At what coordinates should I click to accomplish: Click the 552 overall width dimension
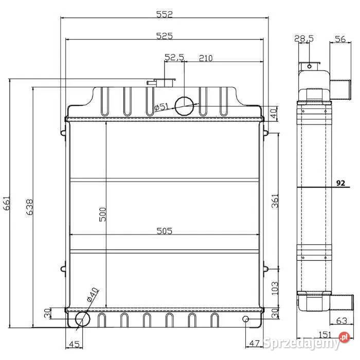pyautogui.click(x=164, y=15)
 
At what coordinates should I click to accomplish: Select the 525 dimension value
pyautogui.click(x=164, y=35)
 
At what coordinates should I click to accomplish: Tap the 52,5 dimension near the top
pyautogui.click(x=174, y=58)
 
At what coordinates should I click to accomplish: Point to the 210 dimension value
pyautogui.click(x=205, y=58)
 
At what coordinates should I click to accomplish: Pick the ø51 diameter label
pyautogui.click(x=161, y=107)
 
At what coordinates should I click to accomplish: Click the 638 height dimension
pyautogui.click(x=30, y=207)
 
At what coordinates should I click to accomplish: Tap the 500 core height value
pyautogui.click(x=102, y=214)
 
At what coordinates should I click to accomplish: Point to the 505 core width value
pyautogui.click(x=165, y=231)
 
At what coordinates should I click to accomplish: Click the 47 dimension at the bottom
pyautogui.click(x=254, y=344)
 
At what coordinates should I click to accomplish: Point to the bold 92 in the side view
pyautogui.click(x=340, y=183)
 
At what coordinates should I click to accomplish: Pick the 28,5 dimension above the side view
pyautogui.click(x=304, y=38)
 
